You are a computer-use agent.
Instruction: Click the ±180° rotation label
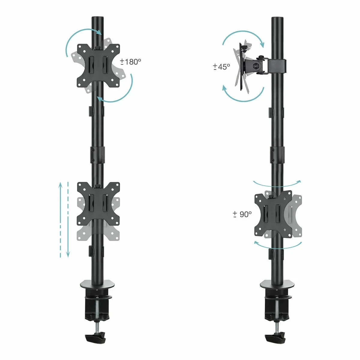[x=130, y=62]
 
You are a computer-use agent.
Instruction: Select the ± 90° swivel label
[x=242, y=214]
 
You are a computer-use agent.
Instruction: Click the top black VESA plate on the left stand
[x=98, y=66]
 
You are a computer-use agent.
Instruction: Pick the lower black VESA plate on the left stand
[x=98, y=204]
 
